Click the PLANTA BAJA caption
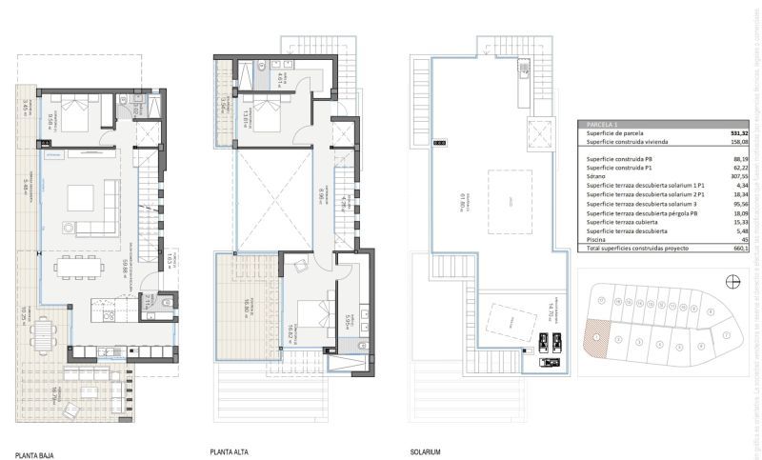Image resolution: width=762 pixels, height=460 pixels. click(34, 456)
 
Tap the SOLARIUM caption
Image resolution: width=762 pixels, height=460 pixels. click(425, 451)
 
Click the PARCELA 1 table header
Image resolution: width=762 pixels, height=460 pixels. click(603, 124)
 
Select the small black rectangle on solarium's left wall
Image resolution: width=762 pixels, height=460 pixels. click(439, 142)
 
